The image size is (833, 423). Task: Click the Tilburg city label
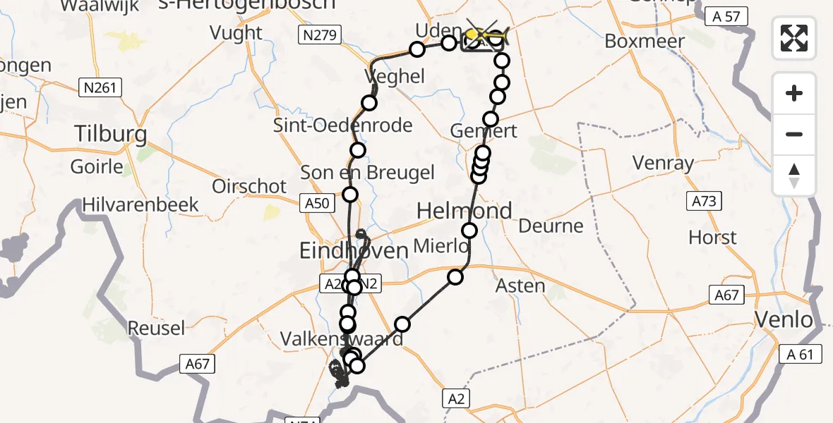point(111,134)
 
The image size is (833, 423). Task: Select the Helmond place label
point(464,211)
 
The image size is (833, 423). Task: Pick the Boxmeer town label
point(645,41)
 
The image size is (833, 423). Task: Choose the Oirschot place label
point(249,186)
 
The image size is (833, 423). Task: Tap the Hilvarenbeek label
point(140,204)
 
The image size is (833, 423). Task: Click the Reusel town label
point(156,328)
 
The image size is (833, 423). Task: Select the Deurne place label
point(551,226)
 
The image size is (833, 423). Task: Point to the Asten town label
point(520,286)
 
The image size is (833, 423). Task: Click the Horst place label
point(712,237)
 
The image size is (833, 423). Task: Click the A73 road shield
point(704,202)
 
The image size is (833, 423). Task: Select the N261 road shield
point(100,87)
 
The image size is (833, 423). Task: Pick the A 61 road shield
point(801,354)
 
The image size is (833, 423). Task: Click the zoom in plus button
point(794,94)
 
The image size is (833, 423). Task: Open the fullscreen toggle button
point(794,37)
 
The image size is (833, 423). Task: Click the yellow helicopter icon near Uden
point(484,35)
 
